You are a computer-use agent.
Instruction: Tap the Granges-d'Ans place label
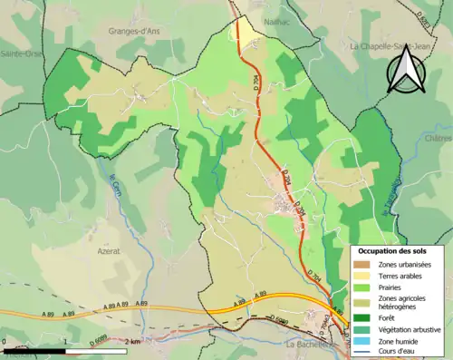pyautogui.click(x=133, y=30)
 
